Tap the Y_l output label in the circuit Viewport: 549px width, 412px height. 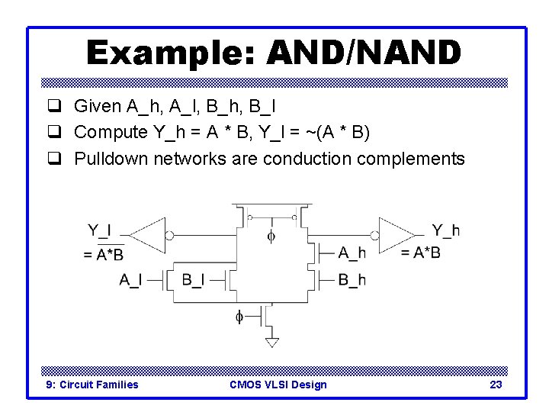coord(99,230)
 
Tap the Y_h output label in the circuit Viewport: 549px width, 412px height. coord(445,230)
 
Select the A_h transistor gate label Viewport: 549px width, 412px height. coord(352,253)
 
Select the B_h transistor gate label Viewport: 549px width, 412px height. coord(352,280)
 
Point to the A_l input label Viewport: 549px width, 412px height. coord(130,280)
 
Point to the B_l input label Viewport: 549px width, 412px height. coord(193,280)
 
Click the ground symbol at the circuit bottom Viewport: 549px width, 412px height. coord(271,342)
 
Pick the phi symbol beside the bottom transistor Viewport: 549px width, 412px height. coord(239,315)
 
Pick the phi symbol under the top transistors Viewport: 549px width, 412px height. coord(271,237)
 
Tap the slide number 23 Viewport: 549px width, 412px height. coord(496,385)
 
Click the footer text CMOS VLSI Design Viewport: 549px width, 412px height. coord(278,385)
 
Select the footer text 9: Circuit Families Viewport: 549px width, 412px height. coord(92,385)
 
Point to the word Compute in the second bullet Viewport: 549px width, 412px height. coord(111,132)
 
